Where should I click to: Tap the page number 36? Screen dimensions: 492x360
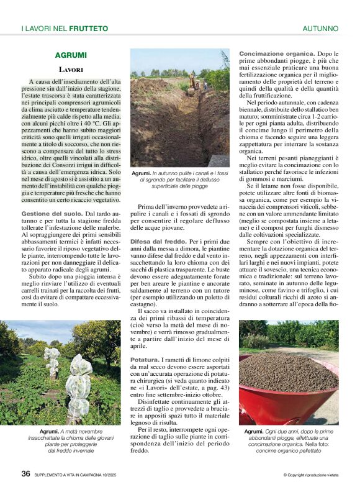coord(25,473)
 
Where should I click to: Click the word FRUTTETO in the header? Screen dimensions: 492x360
coord(88,29)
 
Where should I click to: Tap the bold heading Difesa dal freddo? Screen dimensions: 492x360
coord(160,240)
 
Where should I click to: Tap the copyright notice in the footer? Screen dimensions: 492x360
coord(310,475)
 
